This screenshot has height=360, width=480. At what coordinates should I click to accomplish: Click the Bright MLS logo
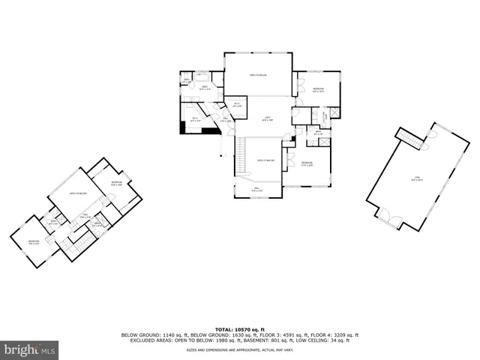click(30, 349)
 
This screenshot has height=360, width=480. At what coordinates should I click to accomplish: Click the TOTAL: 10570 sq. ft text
click(240, 329)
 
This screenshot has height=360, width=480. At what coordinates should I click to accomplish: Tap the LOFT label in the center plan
click(266, 118)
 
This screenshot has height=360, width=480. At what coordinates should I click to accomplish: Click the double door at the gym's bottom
click(388, 217)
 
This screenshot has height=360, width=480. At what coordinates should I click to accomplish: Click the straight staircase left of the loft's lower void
click(241, 156)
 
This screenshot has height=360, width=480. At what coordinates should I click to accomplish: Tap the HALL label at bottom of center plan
click(256, 190)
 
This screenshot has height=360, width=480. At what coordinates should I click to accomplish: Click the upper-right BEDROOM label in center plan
click(318, 89)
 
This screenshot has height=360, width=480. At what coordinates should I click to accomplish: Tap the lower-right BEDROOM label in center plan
click(307, 163)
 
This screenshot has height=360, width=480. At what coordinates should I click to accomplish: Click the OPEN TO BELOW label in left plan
click(78, 193)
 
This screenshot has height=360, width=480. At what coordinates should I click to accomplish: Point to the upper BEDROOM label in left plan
click(116, 183)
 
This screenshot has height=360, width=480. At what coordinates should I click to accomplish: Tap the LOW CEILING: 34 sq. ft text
click(330, 340)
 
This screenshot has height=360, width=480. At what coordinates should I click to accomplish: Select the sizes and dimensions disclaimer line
click(240, 349)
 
